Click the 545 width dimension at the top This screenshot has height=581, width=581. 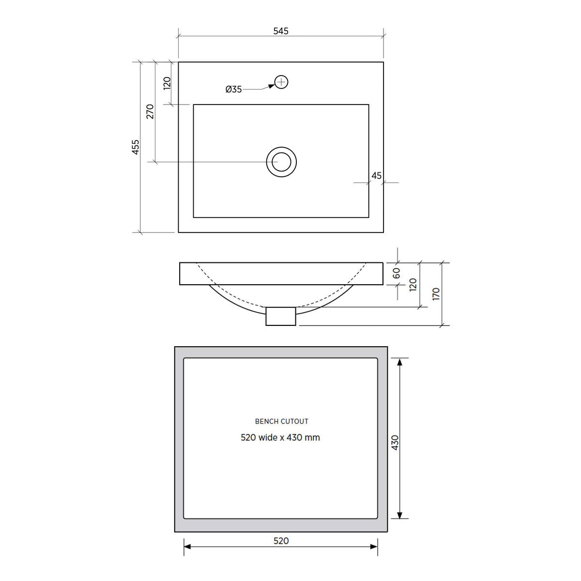pyautogui.click(x=281, y=31)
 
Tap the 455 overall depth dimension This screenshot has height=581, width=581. pyautogui.click(x=136, y=147)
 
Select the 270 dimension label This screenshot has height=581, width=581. pyautogui.click(x=150, y=111)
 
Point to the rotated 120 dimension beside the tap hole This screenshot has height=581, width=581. pyautogui.click(x=167, y=83)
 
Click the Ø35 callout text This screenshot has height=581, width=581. pyautogui.click(x=234, y=89)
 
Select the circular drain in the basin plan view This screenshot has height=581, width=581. pyautogui.click(x=281, y=162)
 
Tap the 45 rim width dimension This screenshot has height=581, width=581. pyautogui.click(x=376, y=175)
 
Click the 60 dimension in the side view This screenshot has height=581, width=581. pyautogui.click(x=397, y=273)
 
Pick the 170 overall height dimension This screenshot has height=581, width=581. pyautogui.click(x=436, y=294)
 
